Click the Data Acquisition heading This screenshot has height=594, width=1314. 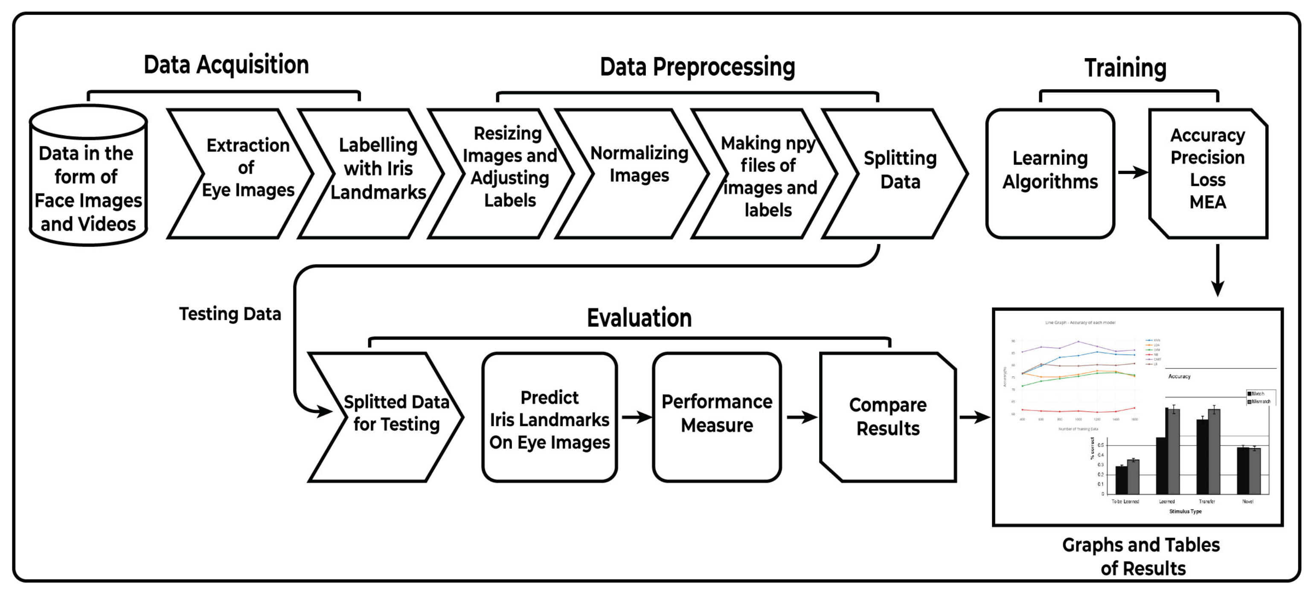(x=226, y=65)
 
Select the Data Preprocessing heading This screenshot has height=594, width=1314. (x=697, y=67)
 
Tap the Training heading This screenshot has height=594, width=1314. (x=1125, y=68)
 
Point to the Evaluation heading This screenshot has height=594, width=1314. (x=639, y=318)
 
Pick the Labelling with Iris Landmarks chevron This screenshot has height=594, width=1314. (x=378, y=169)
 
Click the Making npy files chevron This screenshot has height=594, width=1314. (x=768, y=177)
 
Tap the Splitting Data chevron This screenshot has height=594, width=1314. (x=900, y=170)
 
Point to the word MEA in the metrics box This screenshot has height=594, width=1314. (x=1207, y=203)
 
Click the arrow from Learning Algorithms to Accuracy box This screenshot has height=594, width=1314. (x=1132, y=172)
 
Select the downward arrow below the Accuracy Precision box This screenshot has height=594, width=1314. (x=1218, y=271)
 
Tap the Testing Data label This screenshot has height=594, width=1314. (x=230, y=314)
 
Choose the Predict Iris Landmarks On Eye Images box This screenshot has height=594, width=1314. (x=549, y=419)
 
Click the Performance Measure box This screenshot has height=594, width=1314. (x=717, y=414)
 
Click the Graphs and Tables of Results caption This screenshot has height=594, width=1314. (x=1142, y=557)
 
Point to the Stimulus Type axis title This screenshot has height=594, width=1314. (x=1185, y=511)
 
